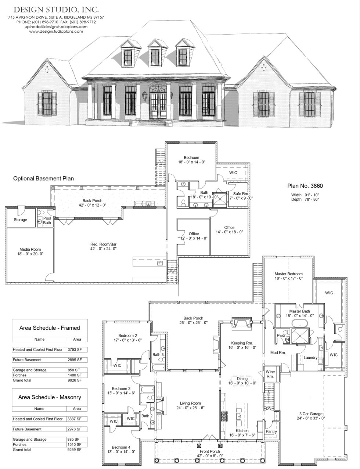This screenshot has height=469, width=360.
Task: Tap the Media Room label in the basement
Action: click(29, 250)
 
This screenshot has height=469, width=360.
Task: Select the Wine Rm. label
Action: click(270, 374)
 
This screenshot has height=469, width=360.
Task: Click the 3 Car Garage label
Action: click(310, 413)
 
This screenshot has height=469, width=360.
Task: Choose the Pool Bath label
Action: click(47, 220)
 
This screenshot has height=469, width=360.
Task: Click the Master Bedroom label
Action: click(288, 274)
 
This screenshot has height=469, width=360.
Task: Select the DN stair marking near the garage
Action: click(268, 408)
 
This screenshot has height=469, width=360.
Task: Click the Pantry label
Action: click(271, 432)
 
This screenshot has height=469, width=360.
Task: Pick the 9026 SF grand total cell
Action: click(77, 380)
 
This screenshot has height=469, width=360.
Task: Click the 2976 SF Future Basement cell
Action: click(77, 429)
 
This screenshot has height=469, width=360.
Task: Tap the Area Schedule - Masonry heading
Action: click(50, 397)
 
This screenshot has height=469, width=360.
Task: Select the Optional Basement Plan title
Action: click(43, 178)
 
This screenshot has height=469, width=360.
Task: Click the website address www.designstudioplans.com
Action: click(56, 31)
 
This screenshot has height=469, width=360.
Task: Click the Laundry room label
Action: click(310, 357)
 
